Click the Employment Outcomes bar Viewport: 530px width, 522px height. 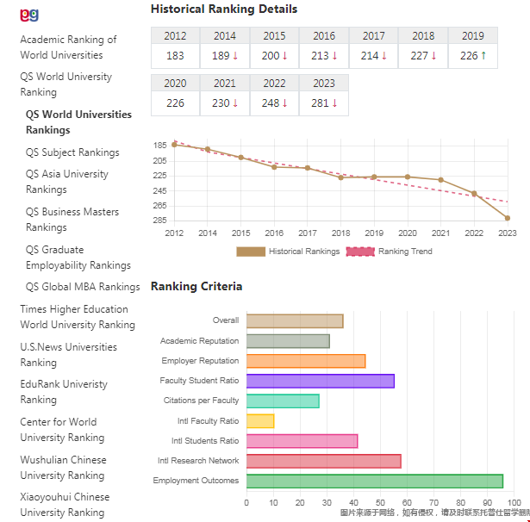[x=374, y=481]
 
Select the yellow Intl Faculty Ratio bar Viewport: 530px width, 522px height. [x=260, y=421]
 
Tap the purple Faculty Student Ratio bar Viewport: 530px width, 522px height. [x=320, y=381]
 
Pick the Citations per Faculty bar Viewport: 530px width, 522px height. [x=283, y=401]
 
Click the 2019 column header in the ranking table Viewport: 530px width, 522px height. [x=472, y=36]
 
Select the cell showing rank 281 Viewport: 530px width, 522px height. [x=324, y=103]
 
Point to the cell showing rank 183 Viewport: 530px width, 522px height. [x=175, y=56]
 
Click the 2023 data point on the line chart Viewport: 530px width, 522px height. [x=507, y=218]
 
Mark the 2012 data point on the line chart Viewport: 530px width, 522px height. [x=174, y=145]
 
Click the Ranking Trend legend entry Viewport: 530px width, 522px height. [x=390, y=252]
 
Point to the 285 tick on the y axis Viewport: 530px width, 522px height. [x=159, y=221]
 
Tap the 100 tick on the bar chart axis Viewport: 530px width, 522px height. [x=514, y=502]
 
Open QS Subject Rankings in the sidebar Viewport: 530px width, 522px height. [x=72, y=152]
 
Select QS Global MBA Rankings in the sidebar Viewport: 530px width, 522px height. [x=83, y=287]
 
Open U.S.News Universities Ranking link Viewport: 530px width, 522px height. [x=69, y=355]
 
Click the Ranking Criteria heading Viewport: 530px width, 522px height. [x=196, y=286]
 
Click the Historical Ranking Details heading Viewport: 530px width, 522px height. [x=224, y=9]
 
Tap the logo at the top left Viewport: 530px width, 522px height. [x=29, y=15]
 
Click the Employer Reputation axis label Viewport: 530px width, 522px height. [x=200, y=361]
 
